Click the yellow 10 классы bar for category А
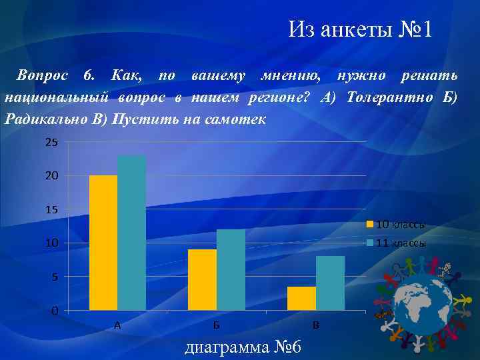103,243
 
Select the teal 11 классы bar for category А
131,233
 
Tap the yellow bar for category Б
202,280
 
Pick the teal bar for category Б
231,270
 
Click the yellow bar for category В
301,298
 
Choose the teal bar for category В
330,283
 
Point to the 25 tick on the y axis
51,143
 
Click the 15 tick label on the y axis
51,210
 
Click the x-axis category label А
117,325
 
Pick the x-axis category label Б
217,325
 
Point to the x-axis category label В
316,325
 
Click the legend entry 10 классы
401,224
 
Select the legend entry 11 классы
401,243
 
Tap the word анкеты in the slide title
354,30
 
